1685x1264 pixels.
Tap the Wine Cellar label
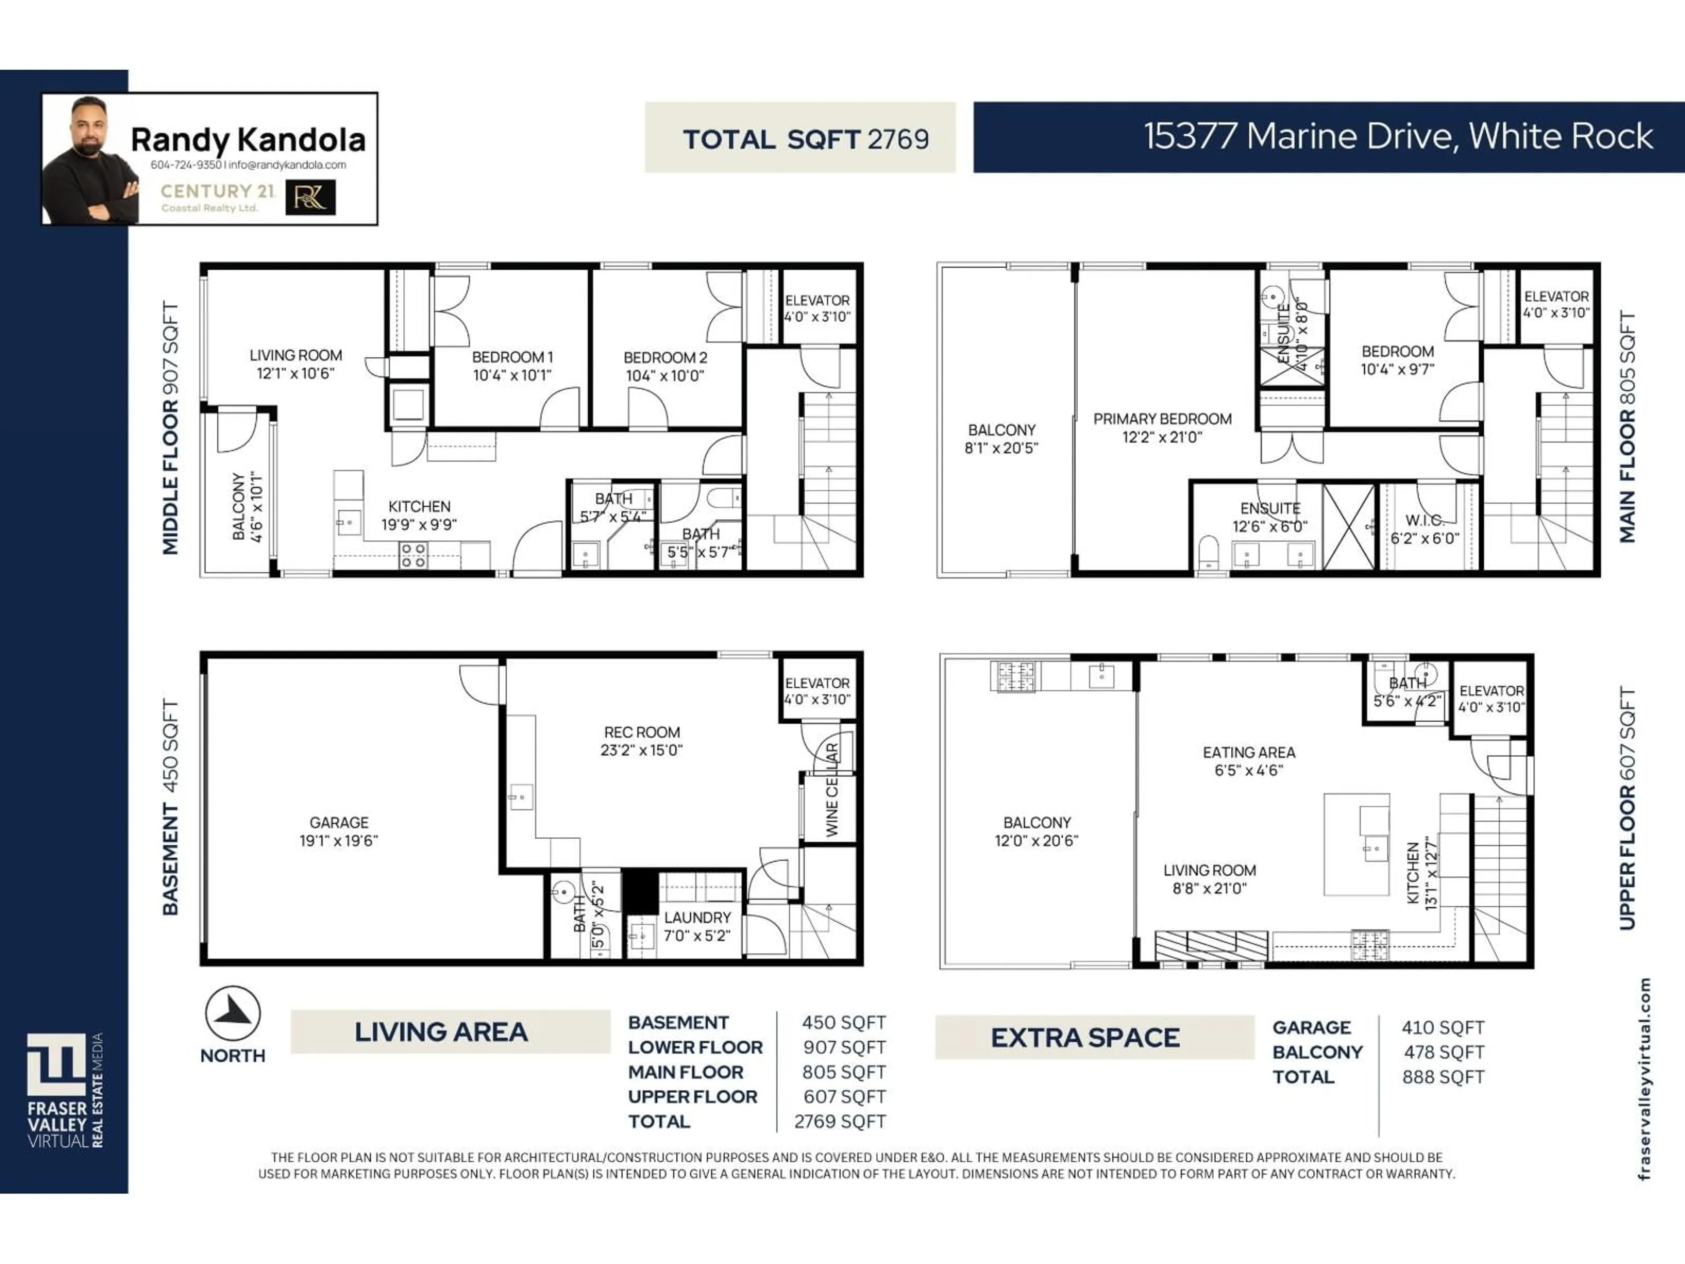(832, 790)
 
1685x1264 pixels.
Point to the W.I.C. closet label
(1424, 521)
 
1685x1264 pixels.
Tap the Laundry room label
(697, 917)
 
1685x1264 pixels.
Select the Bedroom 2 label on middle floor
(665, 357)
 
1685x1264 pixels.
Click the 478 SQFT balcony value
(1444, 1052)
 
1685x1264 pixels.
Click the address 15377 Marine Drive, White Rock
(1398, 137)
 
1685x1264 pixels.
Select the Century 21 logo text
(217, 191)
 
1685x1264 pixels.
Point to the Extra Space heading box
(1086, 1038)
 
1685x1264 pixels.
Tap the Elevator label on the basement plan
(817, 683)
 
